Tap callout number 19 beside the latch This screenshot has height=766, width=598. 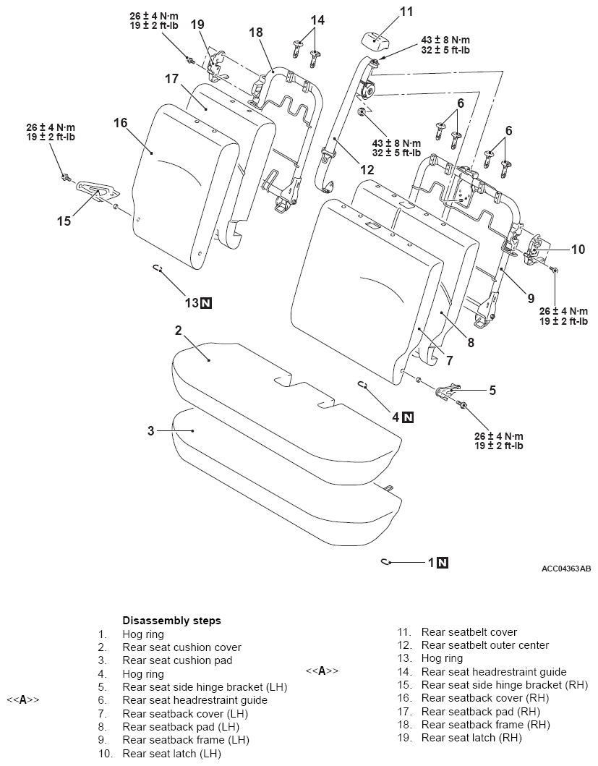[x=197, y=25]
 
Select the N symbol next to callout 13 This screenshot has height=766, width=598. [x=205, y=303]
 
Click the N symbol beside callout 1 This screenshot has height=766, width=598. [x=443, y=563]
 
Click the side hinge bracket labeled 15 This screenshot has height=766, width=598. [x=97, y=189]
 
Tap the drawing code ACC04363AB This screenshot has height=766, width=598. [x=566, y=569]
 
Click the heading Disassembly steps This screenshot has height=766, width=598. [x=171, y=621]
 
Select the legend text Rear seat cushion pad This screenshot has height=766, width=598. [x=177, y=660]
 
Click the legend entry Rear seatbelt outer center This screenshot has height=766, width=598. [x=485, y=645]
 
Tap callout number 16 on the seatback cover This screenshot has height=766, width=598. [x=120, y=123]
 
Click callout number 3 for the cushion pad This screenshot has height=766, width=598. [x=151, y=430]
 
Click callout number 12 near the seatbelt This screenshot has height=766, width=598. [x=367, y=169]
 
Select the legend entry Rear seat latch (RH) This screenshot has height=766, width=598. [x=471, y=738]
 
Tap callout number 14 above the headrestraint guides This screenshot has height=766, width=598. [x=317, y=20]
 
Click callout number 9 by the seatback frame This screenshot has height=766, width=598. [x=531, y=298]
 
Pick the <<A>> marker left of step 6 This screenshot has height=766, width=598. [x=23, y=700]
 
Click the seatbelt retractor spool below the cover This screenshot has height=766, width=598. [x=367, y=90]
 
